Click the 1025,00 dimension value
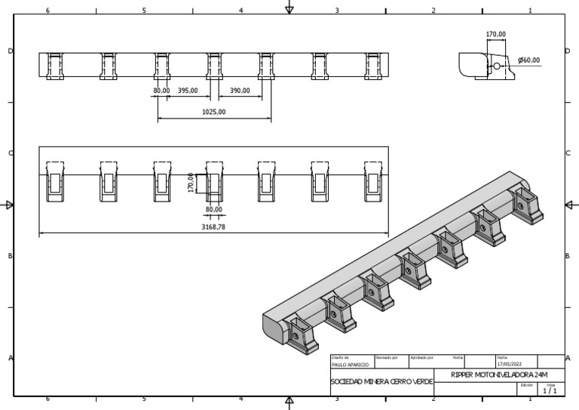tap(213, 112)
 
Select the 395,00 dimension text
tap(188, 91)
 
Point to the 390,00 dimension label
tap(240, 91)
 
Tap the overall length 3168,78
tap(213, 226)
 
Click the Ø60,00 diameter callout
tap(529, 60)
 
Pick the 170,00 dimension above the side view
tap(495, 34)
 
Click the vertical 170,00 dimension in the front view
tap(191, 183)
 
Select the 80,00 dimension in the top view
tap(161, 91)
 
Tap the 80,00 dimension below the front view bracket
tap(213, 209)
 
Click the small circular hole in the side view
tap(497, 66)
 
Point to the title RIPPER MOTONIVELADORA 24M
tap(499, 375)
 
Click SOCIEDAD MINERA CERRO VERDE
tap(382, 382)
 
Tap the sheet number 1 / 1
tap(550, 390)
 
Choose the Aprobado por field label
tap(420, 357)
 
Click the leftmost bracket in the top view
tap(55, 66)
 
